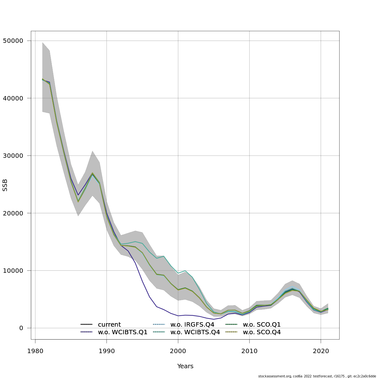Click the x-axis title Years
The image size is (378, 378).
[x=185, y=366]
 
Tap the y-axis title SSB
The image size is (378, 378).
[x=5, y=185]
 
